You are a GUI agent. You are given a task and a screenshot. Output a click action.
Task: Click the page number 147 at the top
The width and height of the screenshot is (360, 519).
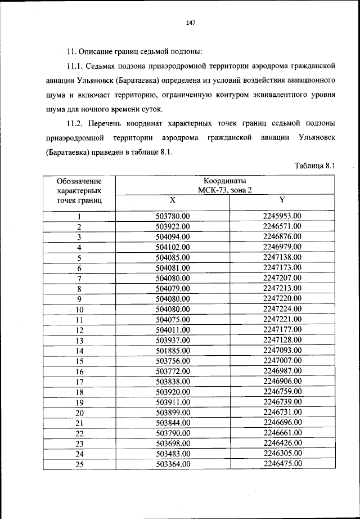[190, 23]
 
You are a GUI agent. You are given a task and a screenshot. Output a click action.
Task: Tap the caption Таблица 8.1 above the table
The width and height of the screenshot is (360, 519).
[314, 166]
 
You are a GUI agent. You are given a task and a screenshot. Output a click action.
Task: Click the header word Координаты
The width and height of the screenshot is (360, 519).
[225, 181]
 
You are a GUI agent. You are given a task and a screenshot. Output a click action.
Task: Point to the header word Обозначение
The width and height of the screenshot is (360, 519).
[79, 181]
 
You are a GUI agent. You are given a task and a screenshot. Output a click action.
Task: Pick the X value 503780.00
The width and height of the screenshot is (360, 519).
[173, 216]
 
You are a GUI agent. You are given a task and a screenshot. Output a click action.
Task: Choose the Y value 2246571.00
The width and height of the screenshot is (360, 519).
[282, 226]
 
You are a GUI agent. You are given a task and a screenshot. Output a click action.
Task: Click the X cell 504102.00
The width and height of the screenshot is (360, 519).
[173, 247]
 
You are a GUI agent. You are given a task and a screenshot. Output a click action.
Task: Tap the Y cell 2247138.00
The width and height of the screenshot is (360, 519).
[282, 257]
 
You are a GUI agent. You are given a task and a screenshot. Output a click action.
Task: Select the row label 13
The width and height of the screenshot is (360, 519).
[79, 341]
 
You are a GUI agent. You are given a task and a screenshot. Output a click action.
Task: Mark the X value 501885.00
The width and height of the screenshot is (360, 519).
[173, 351]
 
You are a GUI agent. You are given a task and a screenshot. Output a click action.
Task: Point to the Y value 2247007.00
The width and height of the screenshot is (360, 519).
[282, 361]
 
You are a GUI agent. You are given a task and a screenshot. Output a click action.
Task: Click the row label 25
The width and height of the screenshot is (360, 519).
[79, 464]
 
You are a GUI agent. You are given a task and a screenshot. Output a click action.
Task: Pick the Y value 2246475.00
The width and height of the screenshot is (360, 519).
[282, 464]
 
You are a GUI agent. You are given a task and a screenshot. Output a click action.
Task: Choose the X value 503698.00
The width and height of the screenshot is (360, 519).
[173, 444]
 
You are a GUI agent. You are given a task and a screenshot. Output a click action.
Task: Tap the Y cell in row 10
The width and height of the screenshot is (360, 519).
[282, 309]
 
